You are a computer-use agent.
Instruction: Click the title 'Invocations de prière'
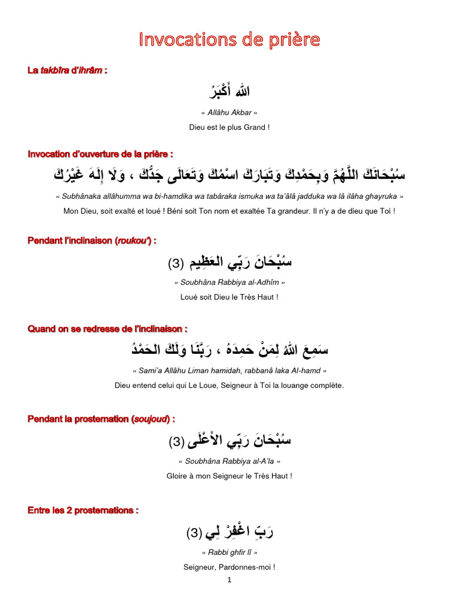[x=229, y=40]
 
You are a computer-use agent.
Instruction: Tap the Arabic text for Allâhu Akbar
[x=229, y=92]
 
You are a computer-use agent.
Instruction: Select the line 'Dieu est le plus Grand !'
[x=229, y=128]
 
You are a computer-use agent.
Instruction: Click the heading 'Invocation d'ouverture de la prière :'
[x=100, y=154]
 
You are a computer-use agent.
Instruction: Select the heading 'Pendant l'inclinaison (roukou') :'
[x=92, y=240]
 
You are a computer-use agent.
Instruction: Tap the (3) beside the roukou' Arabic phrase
[x=176, y=263]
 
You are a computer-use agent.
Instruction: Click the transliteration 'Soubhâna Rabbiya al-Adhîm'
[x=229, y=282]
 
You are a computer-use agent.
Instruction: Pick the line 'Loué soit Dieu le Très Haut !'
[x=229, y=296]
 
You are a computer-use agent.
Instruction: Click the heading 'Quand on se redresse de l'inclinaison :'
[x=108, y=329]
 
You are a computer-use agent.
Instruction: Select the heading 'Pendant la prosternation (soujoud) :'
[x=102, y=418]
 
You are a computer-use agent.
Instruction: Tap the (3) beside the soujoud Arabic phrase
[x=177, y=442]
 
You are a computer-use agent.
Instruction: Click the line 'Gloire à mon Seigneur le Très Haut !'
[x=229, y=476]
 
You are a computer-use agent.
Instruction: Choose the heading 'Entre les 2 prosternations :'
[x=83, y=510]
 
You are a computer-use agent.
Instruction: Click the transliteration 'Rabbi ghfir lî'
[x=229, y=553]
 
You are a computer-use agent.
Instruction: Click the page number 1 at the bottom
[x=229, y=579]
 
